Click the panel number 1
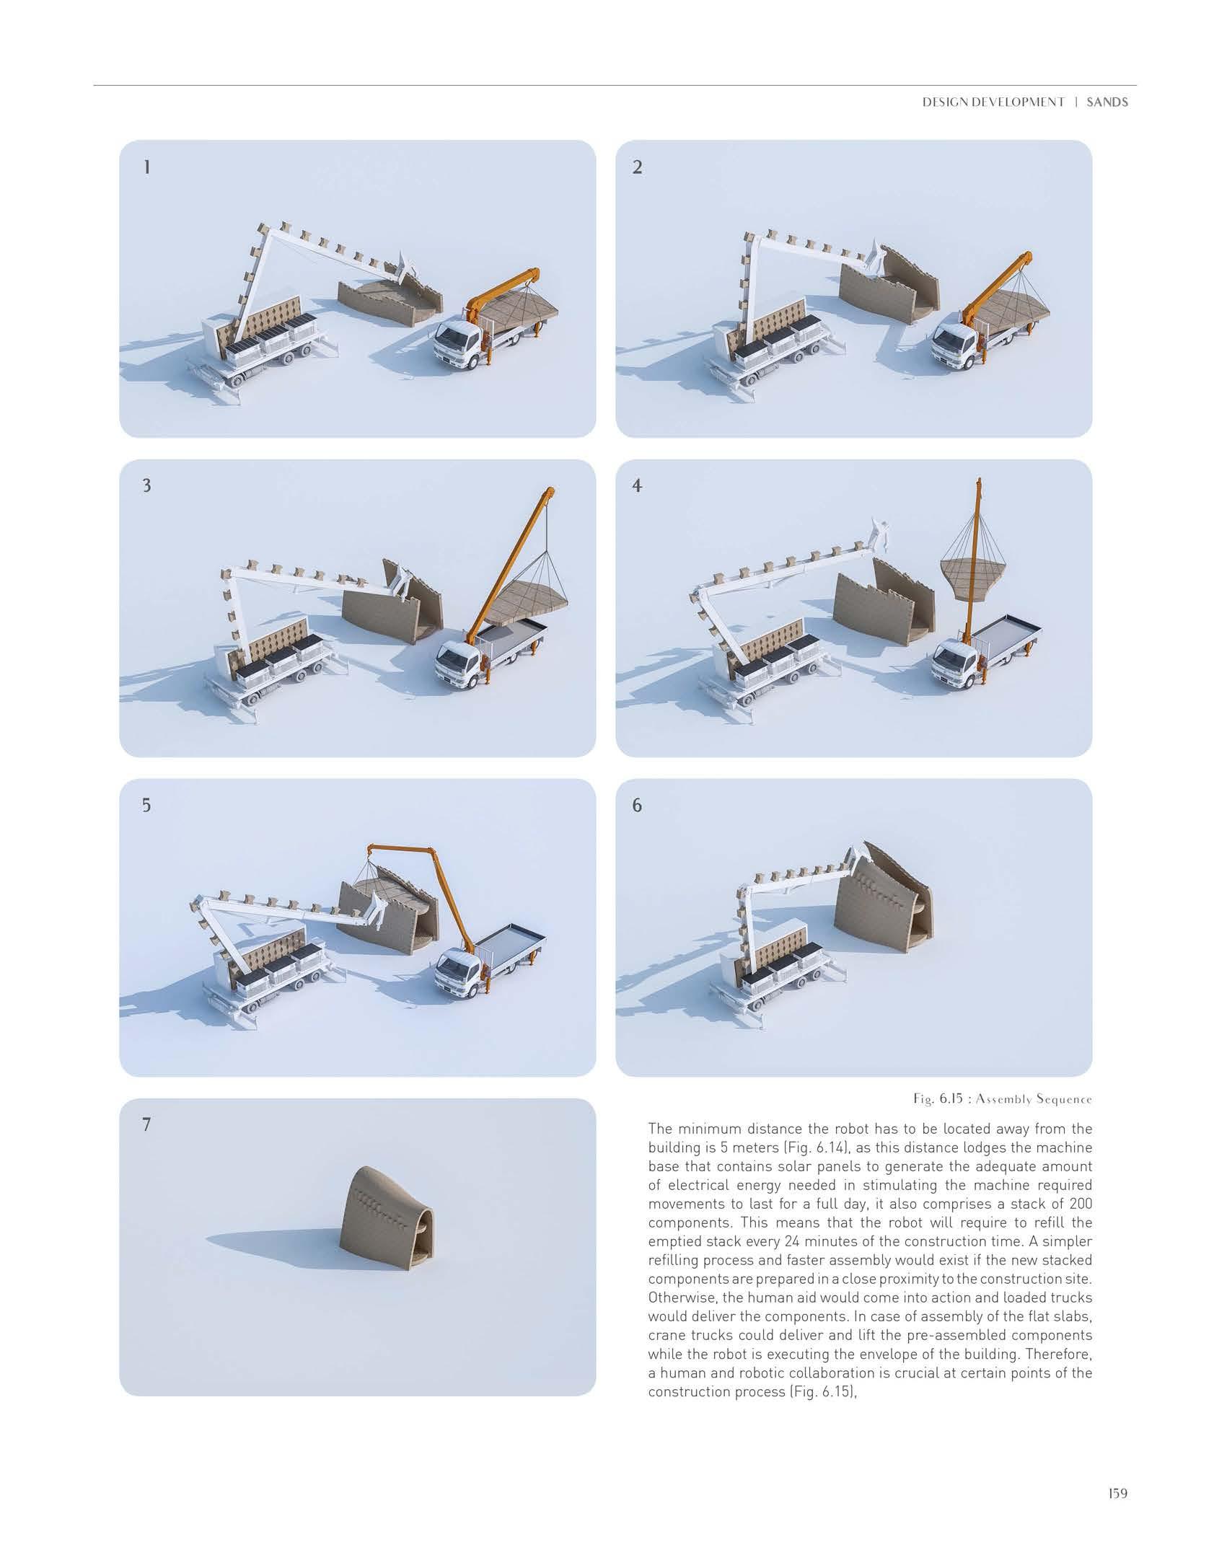click(147, 167)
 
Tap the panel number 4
click(637, 486)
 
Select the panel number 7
click(147, 1124)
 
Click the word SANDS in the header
click(1107, 102)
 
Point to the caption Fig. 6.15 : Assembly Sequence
click(1003, 1100)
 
